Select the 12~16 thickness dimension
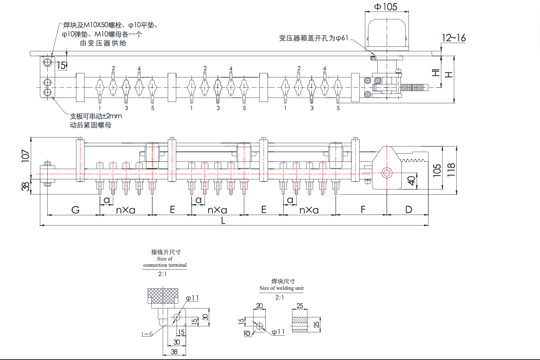pyautogui.click(x=453, y=38)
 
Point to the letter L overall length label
pyautogui.click(x=223, y=221)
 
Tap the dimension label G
pyautogui.click(x=75, y=210)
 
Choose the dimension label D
pyautogui.click(x=409, y=210)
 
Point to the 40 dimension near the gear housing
pyautogui.click(x=411, y=181)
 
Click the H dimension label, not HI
pyautogui.click(x=448, y=74)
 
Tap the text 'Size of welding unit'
pyautogui.click(x=282, y=288)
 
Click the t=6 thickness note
pyautogui.click(x=147, y=334)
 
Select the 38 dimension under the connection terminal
pyautogui.click(x=174, y=352)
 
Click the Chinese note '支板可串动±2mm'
pyautogui.click(x=95, y=116)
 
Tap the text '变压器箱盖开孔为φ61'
pyautogui.click(x=314, y=38)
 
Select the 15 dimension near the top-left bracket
pyautogui.click(x=61, y=65)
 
